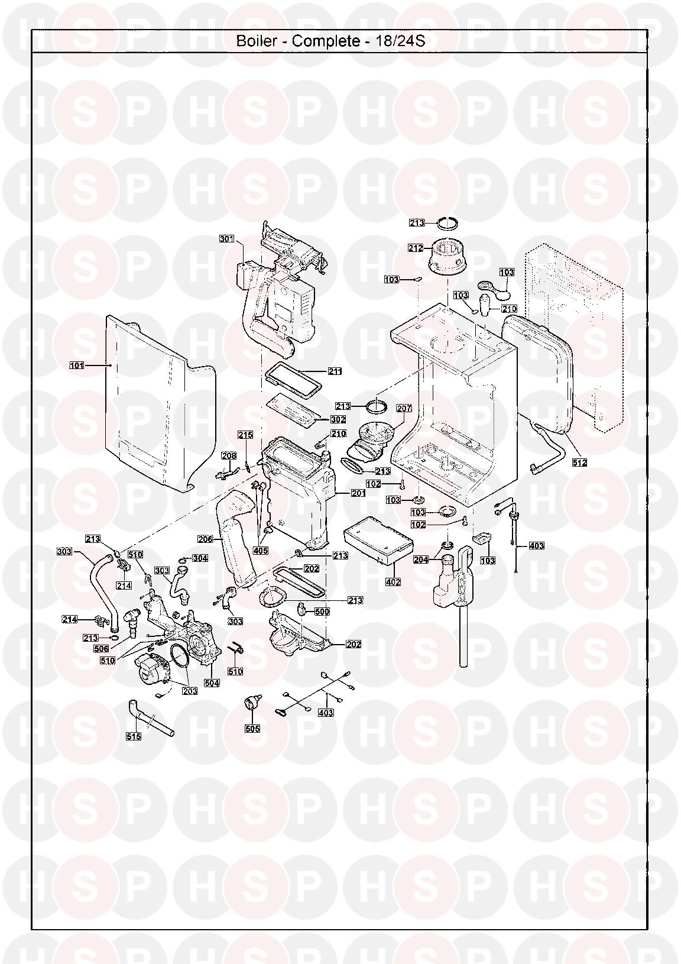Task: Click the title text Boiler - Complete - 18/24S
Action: pyautogui.click(x=331, y=41)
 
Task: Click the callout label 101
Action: pyautogui.click(x=77, y=366)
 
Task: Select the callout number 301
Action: pyautogui.click(x=227, y=239)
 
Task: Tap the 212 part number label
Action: pyautogui.click(x=416, y=248)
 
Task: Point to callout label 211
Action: pyautogui.click(x=335, y=371)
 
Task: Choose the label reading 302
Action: pyautogui.click(x=338, y=419)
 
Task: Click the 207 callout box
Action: pyautogui.click(x=404, y=408)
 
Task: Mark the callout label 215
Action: pyautogui.click(x=246, y=435)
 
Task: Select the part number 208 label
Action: pyautogui.click(x=229, y=456)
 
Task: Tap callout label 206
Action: pyautogui.click(x=206, y=539)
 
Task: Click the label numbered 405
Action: pyautogui.click(x=261, y=551)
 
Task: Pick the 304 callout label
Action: pyautogui.click(x=200, y=558)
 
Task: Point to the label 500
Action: pyautogui.click(x=322, y=612)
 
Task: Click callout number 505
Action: pyautogui.click(x=252, y=729)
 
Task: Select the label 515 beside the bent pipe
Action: pyautogui.click(x=134, y=736)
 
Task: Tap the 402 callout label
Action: pyautogui.click(x=393, y=582)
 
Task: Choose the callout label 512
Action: pyautogui.click(x=579, y=462)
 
